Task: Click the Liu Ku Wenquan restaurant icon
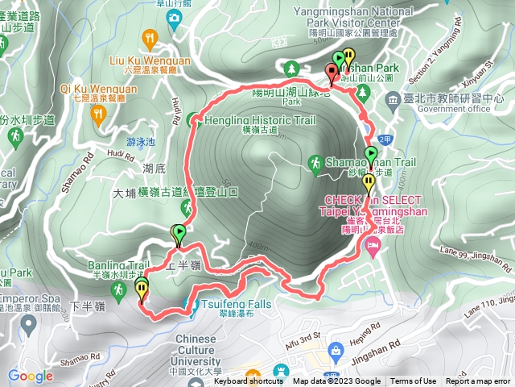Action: coord(149,38)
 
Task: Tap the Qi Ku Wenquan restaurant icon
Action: coord(99,114)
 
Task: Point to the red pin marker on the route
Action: coord(331,73)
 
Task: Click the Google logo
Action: coord(31,376)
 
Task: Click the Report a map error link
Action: coord(478,381)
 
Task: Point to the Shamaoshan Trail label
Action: coord(370,162)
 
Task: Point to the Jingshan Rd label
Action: coord(388,330)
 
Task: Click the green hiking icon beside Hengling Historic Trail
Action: coord(194,121)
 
